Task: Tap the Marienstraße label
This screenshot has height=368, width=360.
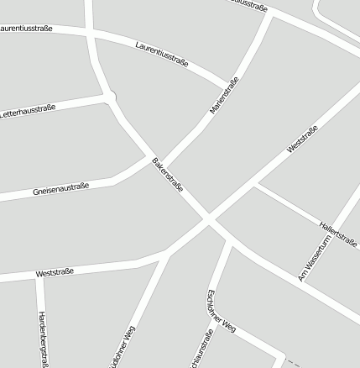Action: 224,95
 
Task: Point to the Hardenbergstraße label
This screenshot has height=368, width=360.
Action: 42,339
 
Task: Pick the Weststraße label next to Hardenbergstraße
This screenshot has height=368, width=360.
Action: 55,271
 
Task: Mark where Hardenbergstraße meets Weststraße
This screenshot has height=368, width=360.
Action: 39,276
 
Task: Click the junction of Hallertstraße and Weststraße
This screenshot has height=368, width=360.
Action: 255,183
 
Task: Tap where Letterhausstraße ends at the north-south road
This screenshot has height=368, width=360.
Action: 108,97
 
